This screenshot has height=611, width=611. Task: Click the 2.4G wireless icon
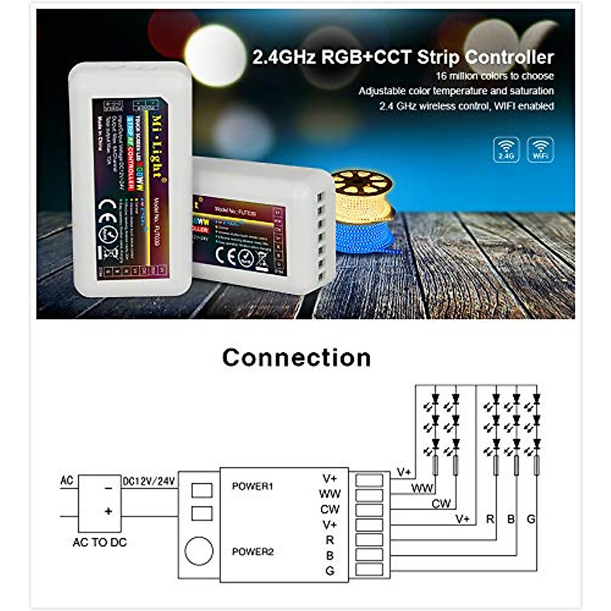(506, 150)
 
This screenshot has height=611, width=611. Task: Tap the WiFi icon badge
(540, 150)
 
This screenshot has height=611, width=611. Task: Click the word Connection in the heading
(296, 357)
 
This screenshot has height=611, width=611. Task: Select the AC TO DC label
(100, 542)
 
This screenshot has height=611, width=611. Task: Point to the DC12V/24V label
(149, 481)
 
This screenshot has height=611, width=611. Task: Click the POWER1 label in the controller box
(253, 486)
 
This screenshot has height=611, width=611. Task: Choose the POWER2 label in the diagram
(253, 551)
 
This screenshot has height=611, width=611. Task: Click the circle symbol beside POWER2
(199, 551)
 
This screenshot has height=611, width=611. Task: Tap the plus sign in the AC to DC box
(108, 511)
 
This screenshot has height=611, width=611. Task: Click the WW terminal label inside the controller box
(329, 493)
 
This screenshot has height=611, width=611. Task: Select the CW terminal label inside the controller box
(329, 509)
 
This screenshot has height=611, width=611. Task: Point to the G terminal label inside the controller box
(330, 571)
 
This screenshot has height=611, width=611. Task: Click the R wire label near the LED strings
(490, 519)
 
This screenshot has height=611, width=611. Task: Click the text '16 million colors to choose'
(494, 76)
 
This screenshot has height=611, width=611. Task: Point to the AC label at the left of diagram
(67, 480)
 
